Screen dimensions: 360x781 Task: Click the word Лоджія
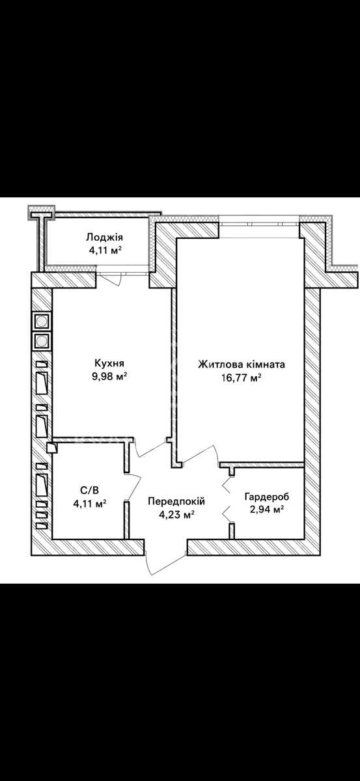105,238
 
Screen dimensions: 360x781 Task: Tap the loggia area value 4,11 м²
105,251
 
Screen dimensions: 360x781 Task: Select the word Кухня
109,363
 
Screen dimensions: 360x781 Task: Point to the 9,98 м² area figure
109,377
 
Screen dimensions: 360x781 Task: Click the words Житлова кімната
242,364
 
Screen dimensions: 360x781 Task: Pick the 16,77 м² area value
242,377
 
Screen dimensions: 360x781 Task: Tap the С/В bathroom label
90,491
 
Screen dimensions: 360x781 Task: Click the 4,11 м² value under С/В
90,504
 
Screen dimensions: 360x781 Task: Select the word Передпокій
176,501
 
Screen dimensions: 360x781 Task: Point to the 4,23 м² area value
176,515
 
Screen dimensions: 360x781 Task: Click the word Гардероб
267,497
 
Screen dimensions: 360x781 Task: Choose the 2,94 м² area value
267,510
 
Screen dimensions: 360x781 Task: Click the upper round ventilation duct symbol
42,321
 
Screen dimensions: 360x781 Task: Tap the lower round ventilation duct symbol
42,341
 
